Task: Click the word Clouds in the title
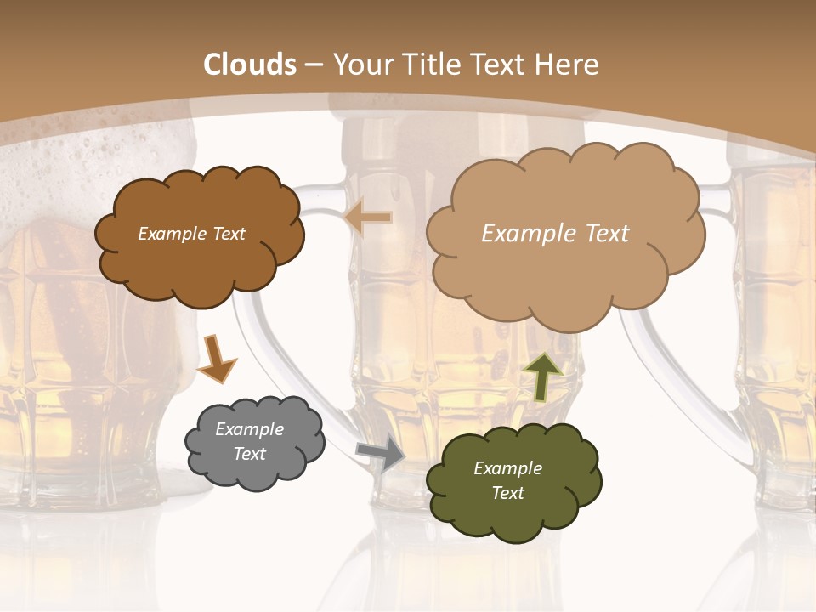point(250,65)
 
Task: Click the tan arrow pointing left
point(367,218)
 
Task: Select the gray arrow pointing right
point(380,454)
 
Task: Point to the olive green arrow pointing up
point(542,377)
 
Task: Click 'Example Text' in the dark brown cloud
point(191,234)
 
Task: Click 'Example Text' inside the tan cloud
point(555,234)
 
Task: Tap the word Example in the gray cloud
point(249,429)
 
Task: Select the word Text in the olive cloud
point(507,493)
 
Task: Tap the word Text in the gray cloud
point(249,454)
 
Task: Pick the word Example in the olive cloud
point(507,468)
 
